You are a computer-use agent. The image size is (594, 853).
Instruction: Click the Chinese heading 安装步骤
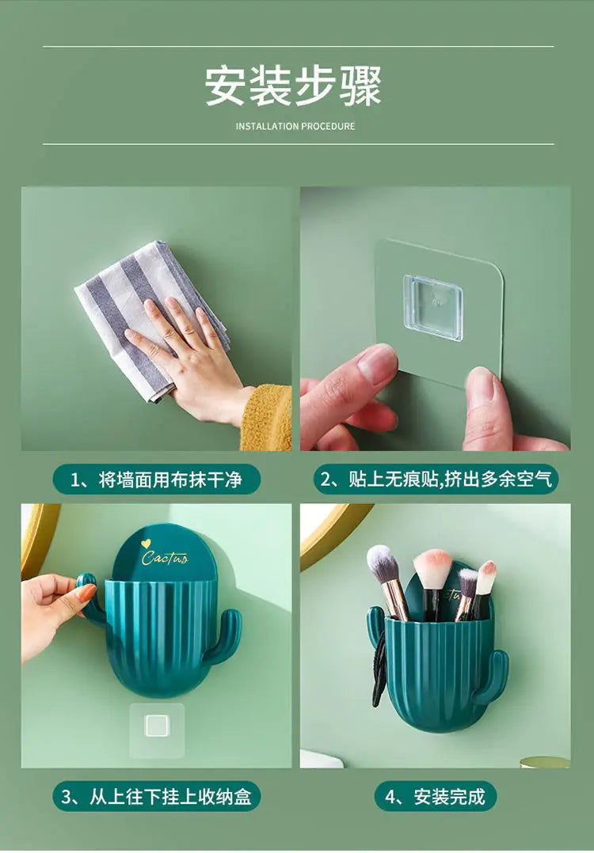(x=294, y=85)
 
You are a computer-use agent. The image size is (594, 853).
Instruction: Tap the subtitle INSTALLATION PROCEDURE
(x=295, y=127)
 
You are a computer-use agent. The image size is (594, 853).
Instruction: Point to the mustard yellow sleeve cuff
(x=267, y=418)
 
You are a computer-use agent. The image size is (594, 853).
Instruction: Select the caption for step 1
(x=156, y=479)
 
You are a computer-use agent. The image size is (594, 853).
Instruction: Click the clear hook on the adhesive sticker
(x=432, y=307)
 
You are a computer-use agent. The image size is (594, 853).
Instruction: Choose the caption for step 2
(x=436, y=479)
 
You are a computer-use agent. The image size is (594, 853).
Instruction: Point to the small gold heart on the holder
(x=147, y=543)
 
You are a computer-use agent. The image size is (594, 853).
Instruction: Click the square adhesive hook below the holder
(x=157, y=726)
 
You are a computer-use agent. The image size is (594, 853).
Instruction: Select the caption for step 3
(x=157, y=796)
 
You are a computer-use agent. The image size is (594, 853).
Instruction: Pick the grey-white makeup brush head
(x=383, y=563)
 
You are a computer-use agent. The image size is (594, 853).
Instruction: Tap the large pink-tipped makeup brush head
(x=432, y=567)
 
